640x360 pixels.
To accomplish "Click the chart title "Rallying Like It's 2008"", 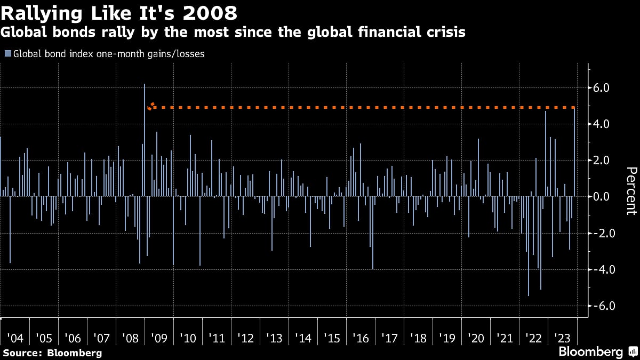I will [x=119, y=13].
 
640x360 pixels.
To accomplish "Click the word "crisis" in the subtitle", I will [x=447, y=33].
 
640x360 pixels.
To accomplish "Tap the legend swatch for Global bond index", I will [x=7, y=53].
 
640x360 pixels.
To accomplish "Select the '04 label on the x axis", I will [x=15, y=339].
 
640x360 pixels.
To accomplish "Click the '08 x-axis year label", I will [x=131, y=339].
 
